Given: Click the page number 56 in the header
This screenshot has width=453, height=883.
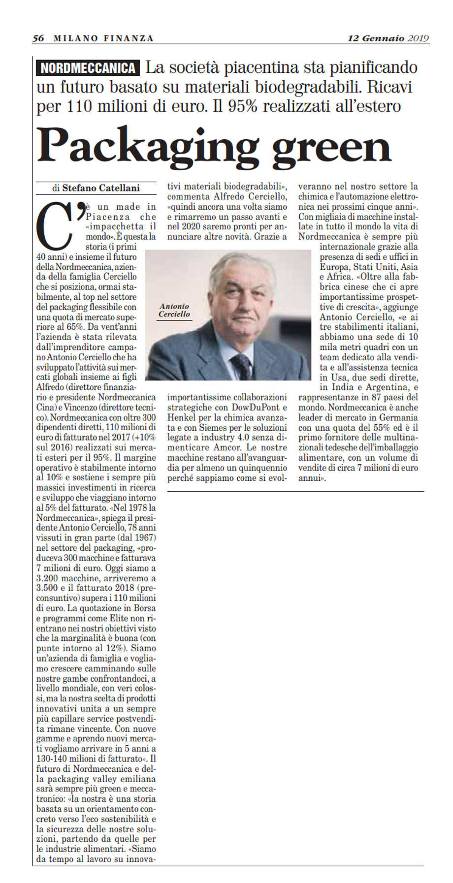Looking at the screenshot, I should (38, 38).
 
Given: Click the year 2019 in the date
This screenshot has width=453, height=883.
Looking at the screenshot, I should (418, 38).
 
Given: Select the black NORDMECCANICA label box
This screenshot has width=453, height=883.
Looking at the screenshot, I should (88, 68).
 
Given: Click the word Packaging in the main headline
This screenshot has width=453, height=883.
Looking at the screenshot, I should (148, 146).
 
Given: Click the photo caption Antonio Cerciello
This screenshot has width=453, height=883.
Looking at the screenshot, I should (174, 310).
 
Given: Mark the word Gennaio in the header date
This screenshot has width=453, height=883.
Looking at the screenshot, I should (383, 38).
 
